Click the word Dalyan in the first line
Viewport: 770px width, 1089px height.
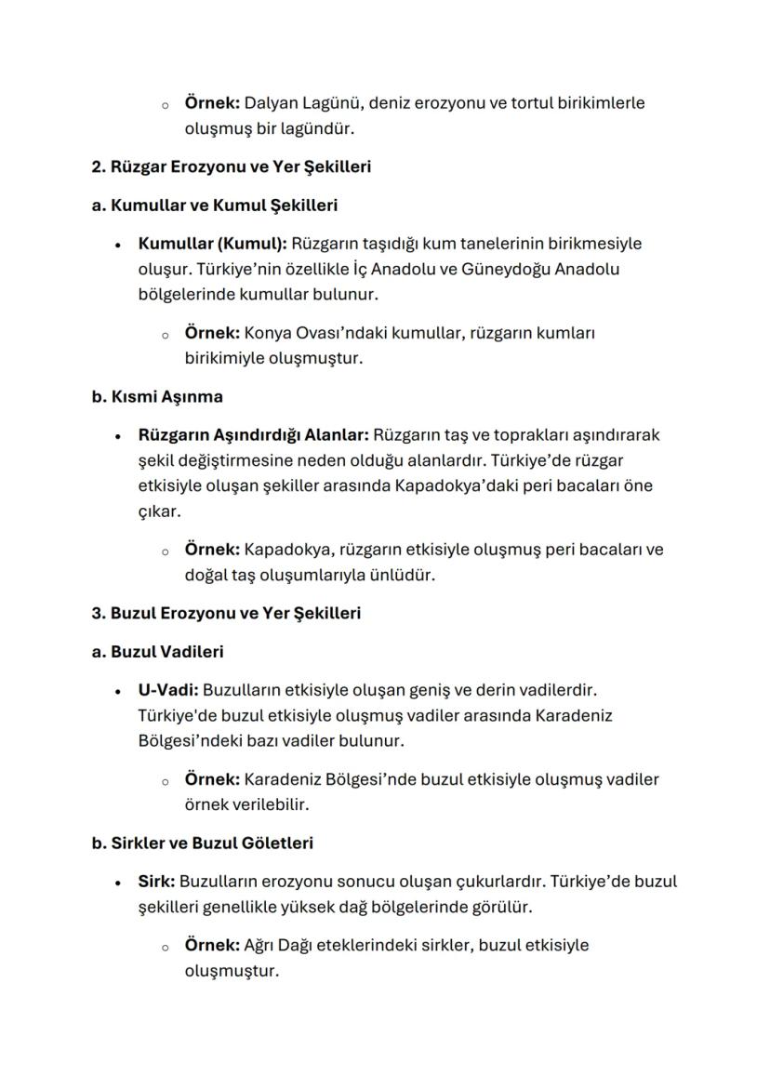pyautogui.click(x=271, y=102)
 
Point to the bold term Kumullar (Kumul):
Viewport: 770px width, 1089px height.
pyautogui.click(x=212, y=244)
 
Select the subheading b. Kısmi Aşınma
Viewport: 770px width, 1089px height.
pyautogui.click(x=157, y=396)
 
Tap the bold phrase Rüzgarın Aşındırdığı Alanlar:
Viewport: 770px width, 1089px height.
pyautogui.click(x=254, y=434)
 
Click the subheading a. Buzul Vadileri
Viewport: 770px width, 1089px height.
pyautogui.click(x=157, y=652)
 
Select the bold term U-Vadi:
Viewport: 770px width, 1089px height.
pyautogui.click(x=167, y=690)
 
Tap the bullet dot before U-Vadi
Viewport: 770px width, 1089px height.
pyautogui.click(x=118, y=691)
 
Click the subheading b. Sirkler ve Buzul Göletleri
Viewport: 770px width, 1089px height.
pyautogui.click(x=202, y=843)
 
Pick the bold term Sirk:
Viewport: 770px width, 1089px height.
pyautogui.click(x=156, y=881)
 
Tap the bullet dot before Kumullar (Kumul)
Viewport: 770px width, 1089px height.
pyautogui.click(x=118, y=245)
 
